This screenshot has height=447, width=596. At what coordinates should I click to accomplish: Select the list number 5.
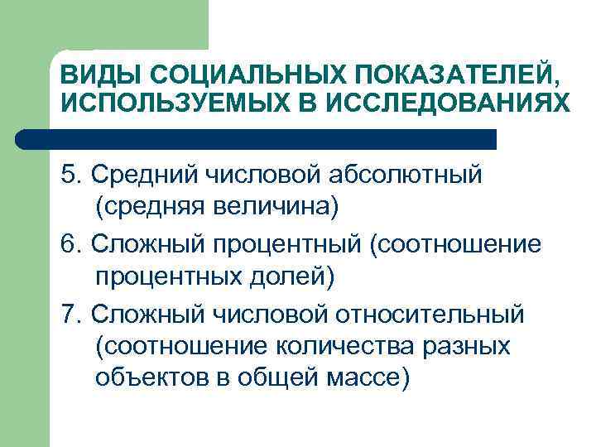[69, 175]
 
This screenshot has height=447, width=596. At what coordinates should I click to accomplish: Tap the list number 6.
[69, 245]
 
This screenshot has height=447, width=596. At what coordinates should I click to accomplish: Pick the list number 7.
[69, 315]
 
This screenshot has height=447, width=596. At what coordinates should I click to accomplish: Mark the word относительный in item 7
[431, 315]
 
